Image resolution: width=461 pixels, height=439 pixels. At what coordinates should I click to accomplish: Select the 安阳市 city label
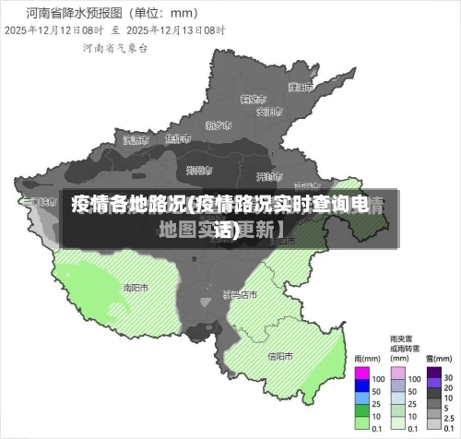[x=268, y=112]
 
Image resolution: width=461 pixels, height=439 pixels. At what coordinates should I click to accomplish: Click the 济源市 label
[x=135, y=139]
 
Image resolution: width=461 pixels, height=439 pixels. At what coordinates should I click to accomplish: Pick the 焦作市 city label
[x=177, y=139]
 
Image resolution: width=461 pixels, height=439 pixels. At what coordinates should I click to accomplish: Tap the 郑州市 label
[x=199, y=170]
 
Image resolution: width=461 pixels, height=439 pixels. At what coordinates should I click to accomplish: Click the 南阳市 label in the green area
[x=136, y=287]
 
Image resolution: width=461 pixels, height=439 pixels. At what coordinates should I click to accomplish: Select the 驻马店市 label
[x=241, y=294]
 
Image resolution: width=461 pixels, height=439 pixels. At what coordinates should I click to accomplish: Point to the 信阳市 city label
[x=280, y=356]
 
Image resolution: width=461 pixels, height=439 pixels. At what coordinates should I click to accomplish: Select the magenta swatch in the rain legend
[x=362, y=377]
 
